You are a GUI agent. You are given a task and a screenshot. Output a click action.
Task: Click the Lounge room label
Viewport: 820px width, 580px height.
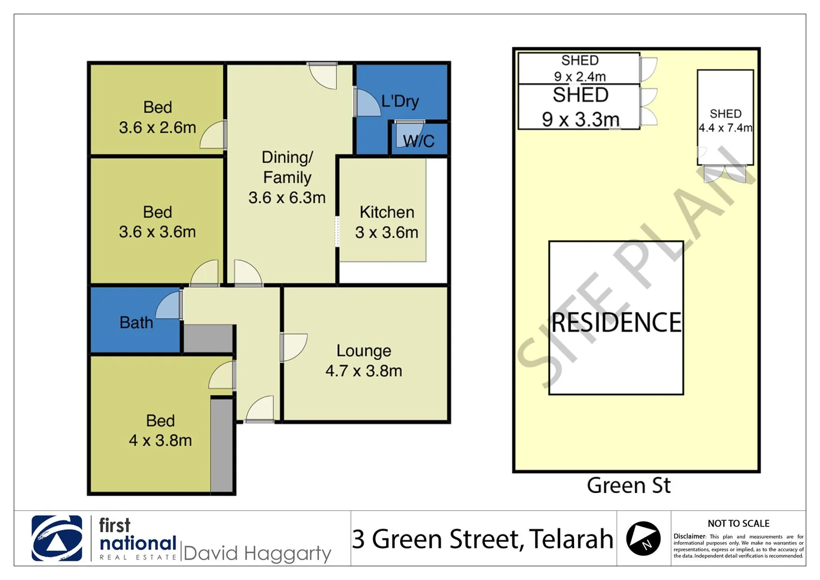[364, 351]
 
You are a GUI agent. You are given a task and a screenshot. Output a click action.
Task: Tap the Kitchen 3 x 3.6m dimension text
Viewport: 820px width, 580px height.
[386, 233]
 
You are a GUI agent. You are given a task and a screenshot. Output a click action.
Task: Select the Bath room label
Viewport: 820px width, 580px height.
[136, 323]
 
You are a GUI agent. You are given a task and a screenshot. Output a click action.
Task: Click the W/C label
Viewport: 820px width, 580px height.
[418, 141]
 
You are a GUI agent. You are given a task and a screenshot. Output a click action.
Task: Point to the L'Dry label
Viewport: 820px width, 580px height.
[400, 101]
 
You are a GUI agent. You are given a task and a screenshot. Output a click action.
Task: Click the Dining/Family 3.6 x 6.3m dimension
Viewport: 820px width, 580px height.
[287, 198]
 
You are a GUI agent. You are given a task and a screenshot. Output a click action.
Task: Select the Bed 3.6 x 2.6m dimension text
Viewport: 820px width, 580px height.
[157, 128]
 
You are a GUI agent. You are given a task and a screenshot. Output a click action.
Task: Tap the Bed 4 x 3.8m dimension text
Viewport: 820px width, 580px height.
[160, 440]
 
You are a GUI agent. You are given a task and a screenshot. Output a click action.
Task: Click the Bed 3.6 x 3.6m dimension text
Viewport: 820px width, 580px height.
[157, 232]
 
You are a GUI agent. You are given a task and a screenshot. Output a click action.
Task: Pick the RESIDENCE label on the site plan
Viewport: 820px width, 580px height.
[616, 323]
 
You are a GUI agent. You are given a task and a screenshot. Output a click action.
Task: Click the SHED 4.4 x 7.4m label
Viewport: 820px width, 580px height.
[725, 121]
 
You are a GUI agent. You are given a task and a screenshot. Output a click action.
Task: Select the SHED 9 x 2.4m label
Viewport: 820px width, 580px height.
[580, 68]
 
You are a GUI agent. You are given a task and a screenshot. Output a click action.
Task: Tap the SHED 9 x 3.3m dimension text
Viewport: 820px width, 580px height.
[580, 119]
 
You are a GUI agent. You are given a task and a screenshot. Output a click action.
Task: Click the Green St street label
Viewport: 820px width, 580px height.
[628, 485]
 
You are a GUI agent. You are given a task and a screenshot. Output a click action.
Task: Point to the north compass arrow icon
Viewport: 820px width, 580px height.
[643, 538]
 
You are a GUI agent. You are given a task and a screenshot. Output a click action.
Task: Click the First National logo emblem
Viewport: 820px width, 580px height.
[57, 538]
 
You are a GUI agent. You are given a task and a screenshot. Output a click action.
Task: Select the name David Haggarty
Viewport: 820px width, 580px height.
[257, 553]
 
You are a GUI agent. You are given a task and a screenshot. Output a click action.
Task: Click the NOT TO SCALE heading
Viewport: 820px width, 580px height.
[738, 523]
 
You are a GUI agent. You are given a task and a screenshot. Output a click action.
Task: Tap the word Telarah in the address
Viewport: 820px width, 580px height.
[571, 539]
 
